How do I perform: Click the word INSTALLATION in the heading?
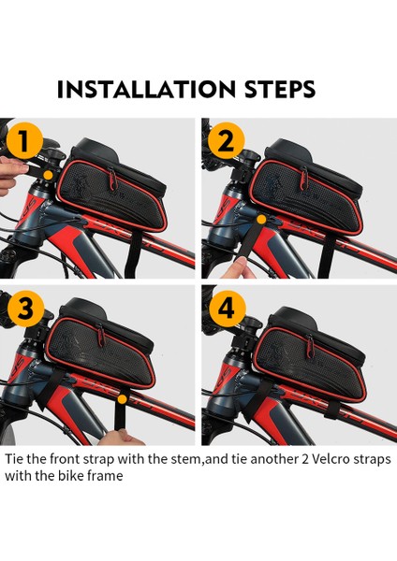[x=146, y=89]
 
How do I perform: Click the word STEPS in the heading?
[x=280, y=89]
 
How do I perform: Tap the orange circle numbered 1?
[x=24, y=140]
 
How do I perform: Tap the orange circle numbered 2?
[x=226, y=140]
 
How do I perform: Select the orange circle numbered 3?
[x=25, y=309]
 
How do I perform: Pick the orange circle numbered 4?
[x=228, y=309]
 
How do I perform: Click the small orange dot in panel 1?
[x=48, y=175]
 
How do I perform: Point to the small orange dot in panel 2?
[x=262, y=220]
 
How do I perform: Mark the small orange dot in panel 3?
[x=123, y=399]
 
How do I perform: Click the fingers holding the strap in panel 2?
[x=238, y=269]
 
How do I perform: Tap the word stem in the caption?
[x=187, y=459]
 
